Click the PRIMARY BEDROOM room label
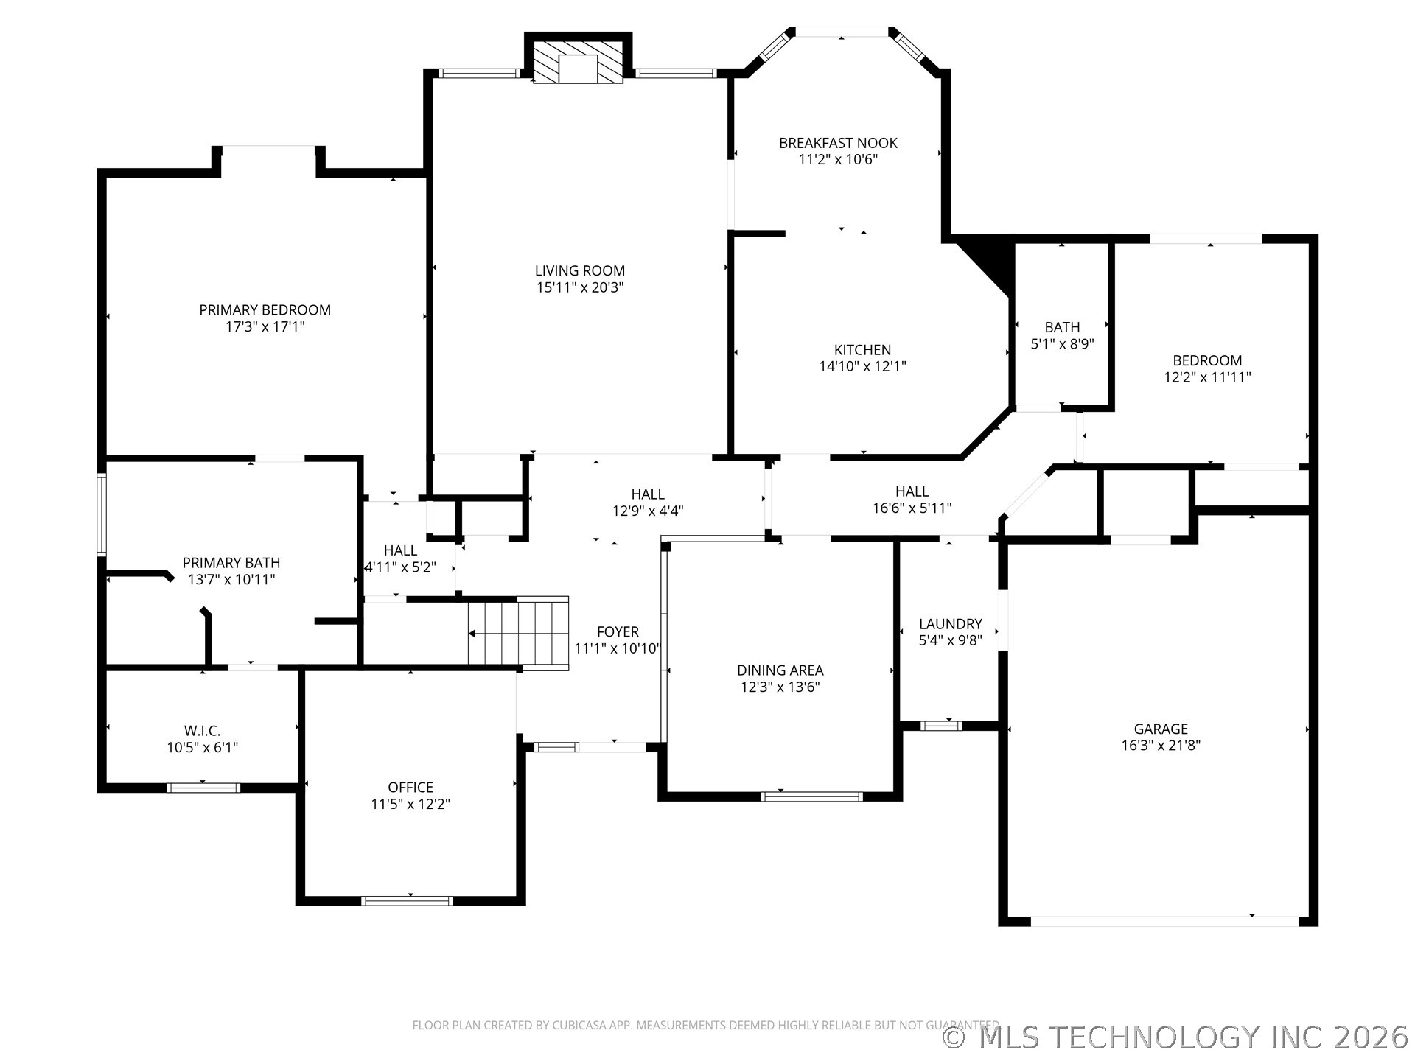(x=265, y=310)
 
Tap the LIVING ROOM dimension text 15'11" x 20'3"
(x=580, y=288)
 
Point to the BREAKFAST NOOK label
(x=838, y=143)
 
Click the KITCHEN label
(x=862, y=350)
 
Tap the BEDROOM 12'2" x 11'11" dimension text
(x=1207, y=377)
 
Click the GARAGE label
(x=1161, y=729)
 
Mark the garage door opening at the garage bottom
(x=1164, y=921)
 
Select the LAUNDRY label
(x=951, y=624)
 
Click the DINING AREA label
(x=780, y=670)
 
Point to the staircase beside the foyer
(x=519, y=633)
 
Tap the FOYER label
(x=618, y=631)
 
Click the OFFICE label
(x=410, y=788)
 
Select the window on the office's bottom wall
(x=407, y=900)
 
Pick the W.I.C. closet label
(x=202, y=731)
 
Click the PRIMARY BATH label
(x=231, y=563)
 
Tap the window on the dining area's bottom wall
(x=811, y=796)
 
